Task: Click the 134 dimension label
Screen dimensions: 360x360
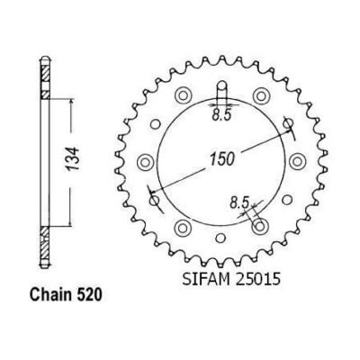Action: [x=74, y=158]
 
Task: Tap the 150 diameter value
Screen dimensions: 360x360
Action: [x=221, y=159]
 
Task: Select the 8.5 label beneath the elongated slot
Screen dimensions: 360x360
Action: [x=221, y=115]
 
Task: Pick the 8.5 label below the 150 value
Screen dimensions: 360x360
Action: [x=239, y=202]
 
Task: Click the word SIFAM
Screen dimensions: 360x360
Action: [x=205, y=279]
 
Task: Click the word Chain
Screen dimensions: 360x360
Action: [x=50, y=294]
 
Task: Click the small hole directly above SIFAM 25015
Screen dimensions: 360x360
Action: [x=220, y=238]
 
